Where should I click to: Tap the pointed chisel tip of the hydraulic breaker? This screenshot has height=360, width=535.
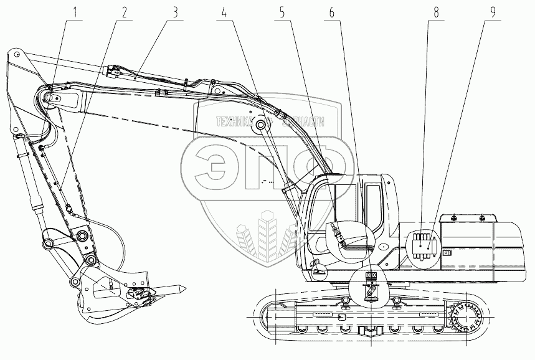(x=184, y=288)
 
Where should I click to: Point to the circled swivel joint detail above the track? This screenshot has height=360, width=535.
(x=372, y=287)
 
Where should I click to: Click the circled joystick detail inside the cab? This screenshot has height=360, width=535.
(x=349, y=242)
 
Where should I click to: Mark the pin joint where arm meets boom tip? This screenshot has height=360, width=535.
(x=51, y=98)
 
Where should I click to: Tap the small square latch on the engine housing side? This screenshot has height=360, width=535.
(x=446, y=253)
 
